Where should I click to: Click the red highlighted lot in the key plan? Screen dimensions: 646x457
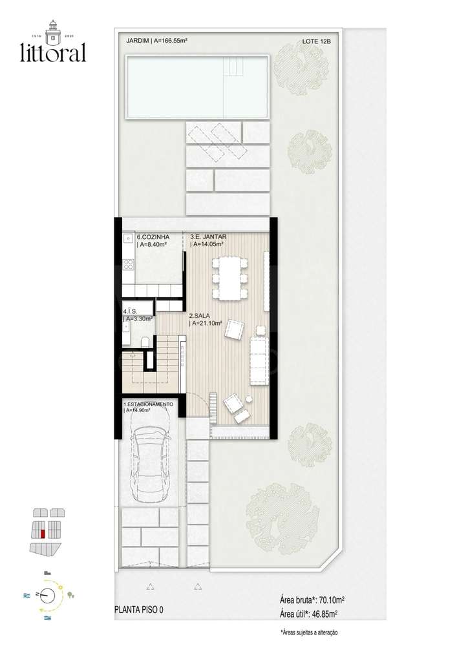(43, 534)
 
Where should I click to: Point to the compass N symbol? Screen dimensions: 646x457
(38, 594)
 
